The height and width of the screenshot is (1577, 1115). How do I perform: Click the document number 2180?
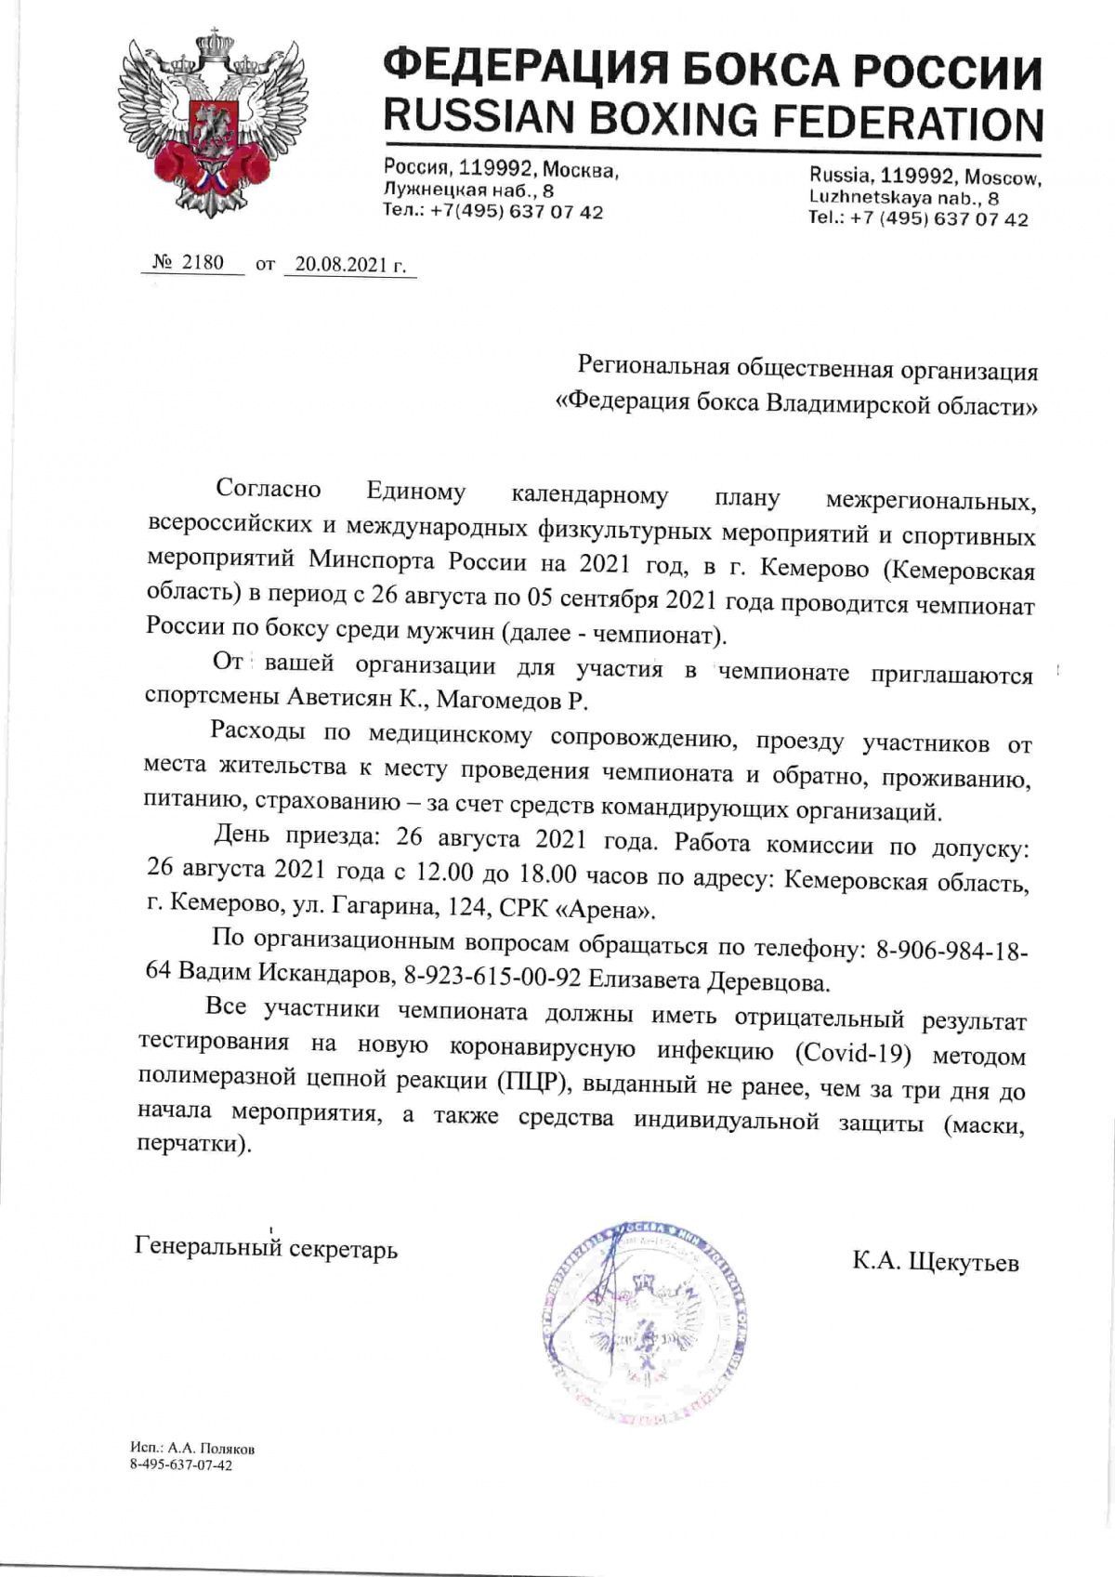coord(202,262)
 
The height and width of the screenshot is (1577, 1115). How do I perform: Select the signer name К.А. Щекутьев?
coord(936,1263)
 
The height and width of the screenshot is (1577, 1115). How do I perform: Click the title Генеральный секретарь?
coord(267,1248)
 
